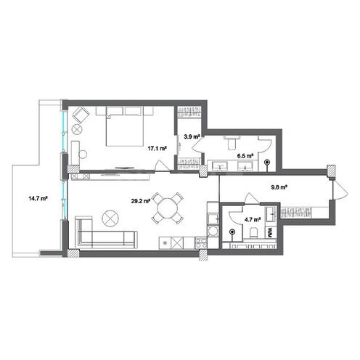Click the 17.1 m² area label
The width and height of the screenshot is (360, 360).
point(158,148)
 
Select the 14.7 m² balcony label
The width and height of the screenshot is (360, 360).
point(38,197)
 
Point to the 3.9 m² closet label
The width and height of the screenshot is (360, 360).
point(192,136)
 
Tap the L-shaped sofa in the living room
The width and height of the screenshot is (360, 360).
point(102,236)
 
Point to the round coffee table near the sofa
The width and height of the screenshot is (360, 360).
point(110,217)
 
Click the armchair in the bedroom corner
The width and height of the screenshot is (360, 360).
point(81,116)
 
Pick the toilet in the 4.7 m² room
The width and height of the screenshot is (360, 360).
point(254,232)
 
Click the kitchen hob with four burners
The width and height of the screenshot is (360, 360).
point(212,218)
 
